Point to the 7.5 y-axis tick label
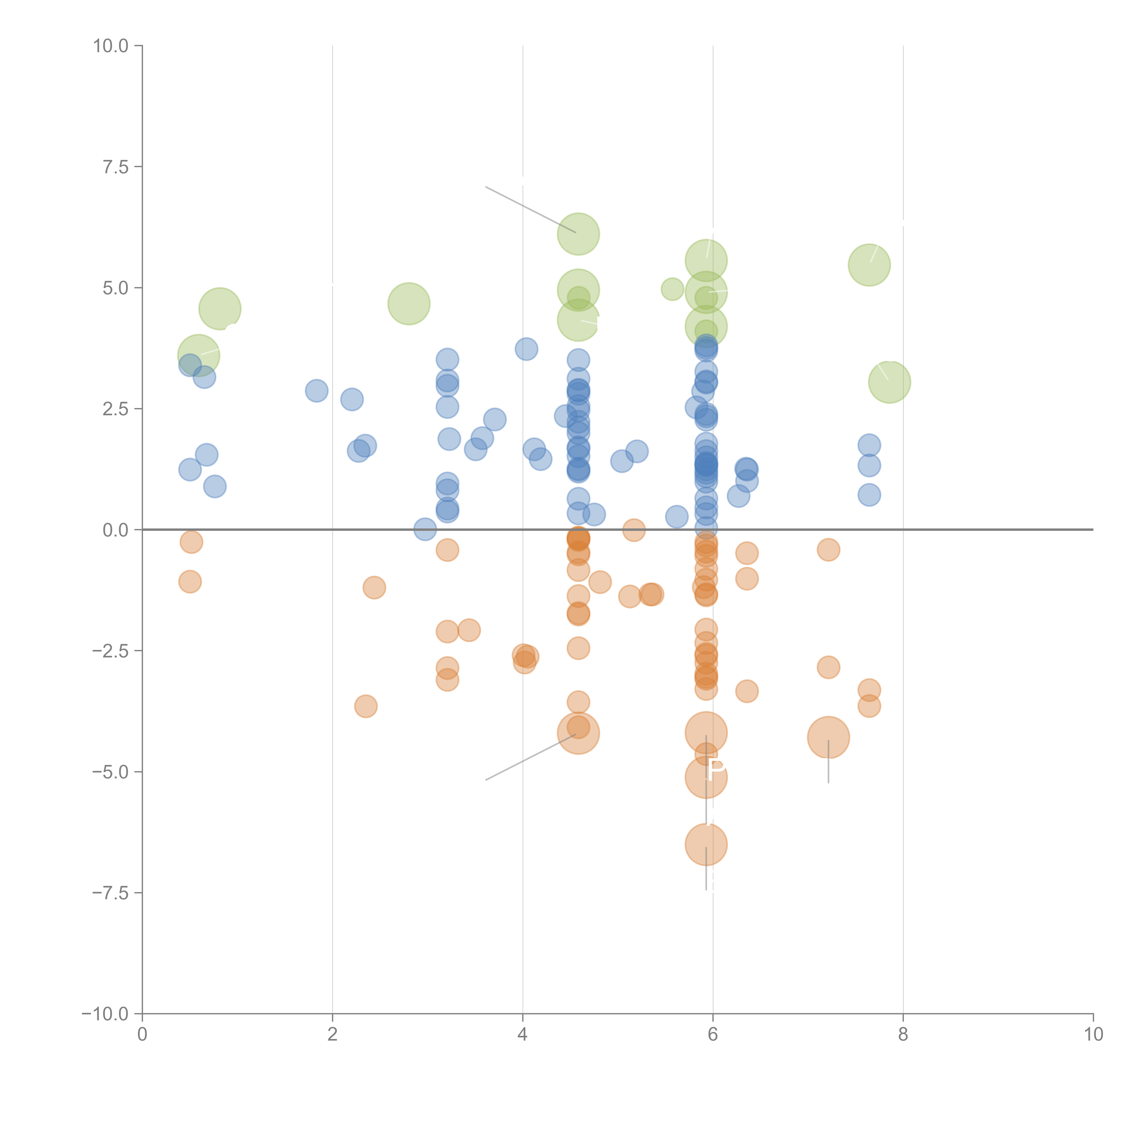[x=115, y=167]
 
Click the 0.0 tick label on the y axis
[x=115, y=530]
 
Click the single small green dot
[x=672, y=289]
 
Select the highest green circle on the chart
[x=578, y=234]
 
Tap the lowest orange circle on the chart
[x=706, y=844]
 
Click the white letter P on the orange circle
[x=716, y=770]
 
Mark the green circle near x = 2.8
[x=408, y=304]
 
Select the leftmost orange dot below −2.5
[x=366, y=706]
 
